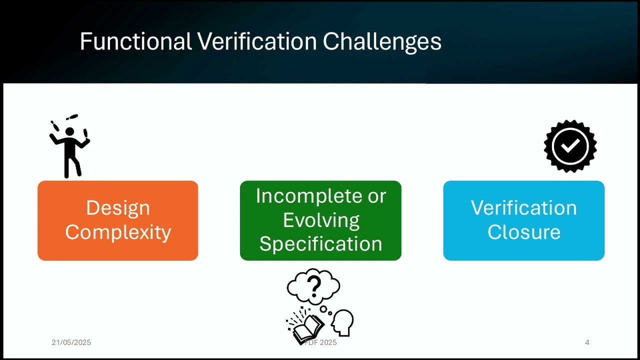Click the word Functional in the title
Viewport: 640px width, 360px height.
[x=135, y=41]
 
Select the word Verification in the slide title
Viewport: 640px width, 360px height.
[x=257, y=41]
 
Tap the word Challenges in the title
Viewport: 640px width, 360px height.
[x=382, y=41]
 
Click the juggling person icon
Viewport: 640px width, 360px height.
[x=70, y=147]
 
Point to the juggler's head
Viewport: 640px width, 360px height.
[x=69, y=132]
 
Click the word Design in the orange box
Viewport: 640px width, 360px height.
[x=118, y=208]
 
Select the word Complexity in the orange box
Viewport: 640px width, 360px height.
[x=118, y=232]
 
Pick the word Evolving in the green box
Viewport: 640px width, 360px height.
[x=321, y=220]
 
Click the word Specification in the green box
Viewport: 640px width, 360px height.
[x=320, y=244]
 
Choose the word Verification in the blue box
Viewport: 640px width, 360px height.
[x=523, y=208]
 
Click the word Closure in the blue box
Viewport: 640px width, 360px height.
[x=523, y=232]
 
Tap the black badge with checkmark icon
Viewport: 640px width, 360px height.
[x=570, y=146]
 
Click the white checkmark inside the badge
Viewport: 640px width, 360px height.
[x=570, y=146]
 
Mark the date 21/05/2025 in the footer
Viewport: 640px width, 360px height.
[x=71, y=342]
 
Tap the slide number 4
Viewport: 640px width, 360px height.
[x=587, y=342]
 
